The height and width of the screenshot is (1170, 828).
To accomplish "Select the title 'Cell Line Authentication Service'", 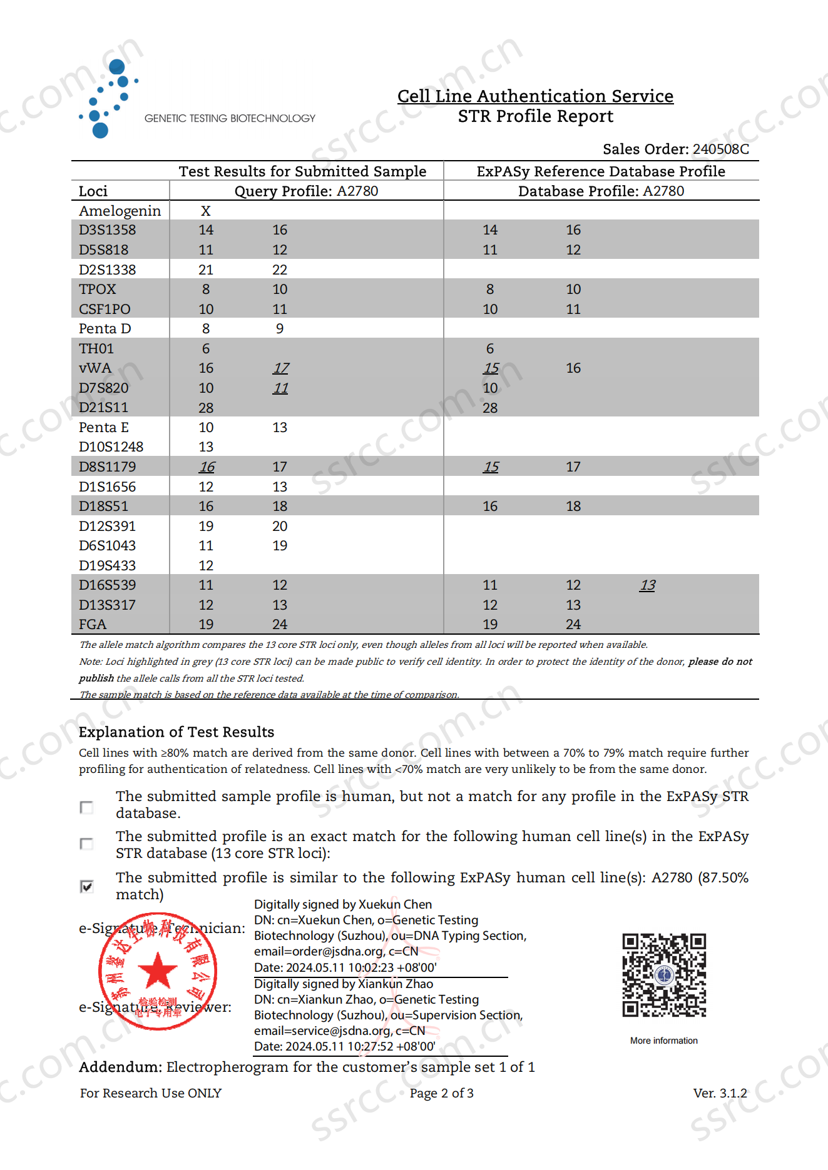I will [x=535, y=96].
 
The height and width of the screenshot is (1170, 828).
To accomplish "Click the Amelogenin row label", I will [x=120, y=211].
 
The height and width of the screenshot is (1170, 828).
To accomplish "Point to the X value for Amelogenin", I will [x=205, y=211].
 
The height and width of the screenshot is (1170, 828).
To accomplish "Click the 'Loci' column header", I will [x=93, y=191].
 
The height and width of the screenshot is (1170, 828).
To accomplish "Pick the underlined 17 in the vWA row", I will [x=280, y=368].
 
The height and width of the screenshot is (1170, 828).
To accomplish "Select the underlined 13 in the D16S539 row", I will [x=647, y=585].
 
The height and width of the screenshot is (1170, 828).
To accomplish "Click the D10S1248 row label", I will [x=111, y=447].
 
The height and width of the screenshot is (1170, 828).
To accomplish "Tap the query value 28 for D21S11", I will [x=206, y=408].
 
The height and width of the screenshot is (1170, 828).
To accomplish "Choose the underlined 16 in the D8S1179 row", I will [x=207, y=467].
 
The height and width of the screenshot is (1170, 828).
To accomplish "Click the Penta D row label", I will [x=105, y=329].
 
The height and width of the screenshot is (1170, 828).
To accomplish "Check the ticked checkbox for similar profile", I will [x=87, y=886].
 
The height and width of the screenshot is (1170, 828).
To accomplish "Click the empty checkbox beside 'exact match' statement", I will [x=87, y=844].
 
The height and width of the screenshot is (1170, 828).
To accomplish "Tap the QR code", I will [x=663, y=975].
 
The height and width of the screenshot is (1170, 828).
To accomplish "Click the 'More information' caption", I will [x=663, y=1041].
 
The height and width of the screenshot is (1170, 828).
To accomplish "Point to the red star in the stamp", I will [x=158, y=971].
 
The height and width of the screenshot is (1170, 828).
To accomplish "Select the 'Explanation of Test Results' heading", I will [x=176, y=732].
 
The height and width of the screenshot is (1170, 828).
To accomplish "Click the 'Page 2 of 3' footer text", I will [x=441, y=1093].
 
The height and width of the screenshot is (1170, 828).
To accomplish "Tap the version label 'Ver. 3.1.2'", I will [x=720, y=1093].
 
